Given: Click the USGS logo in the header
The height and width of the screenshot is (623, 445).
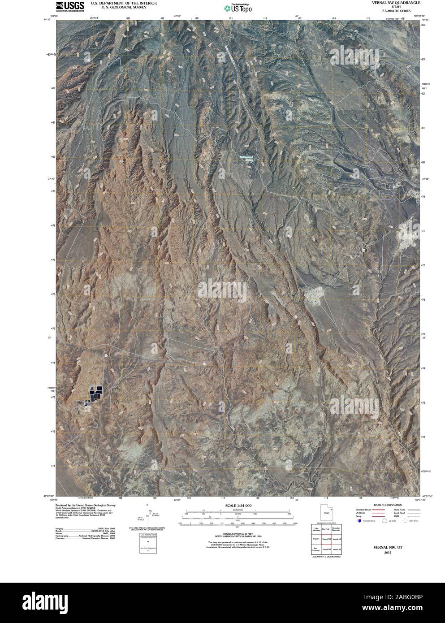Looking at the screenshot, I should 69,6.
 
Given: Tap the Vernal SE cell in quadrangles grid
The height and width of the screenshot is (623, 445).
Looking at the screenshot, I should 337,549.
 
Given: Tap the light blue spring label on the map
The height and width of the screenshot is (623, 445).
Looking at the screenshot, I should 246,157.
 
